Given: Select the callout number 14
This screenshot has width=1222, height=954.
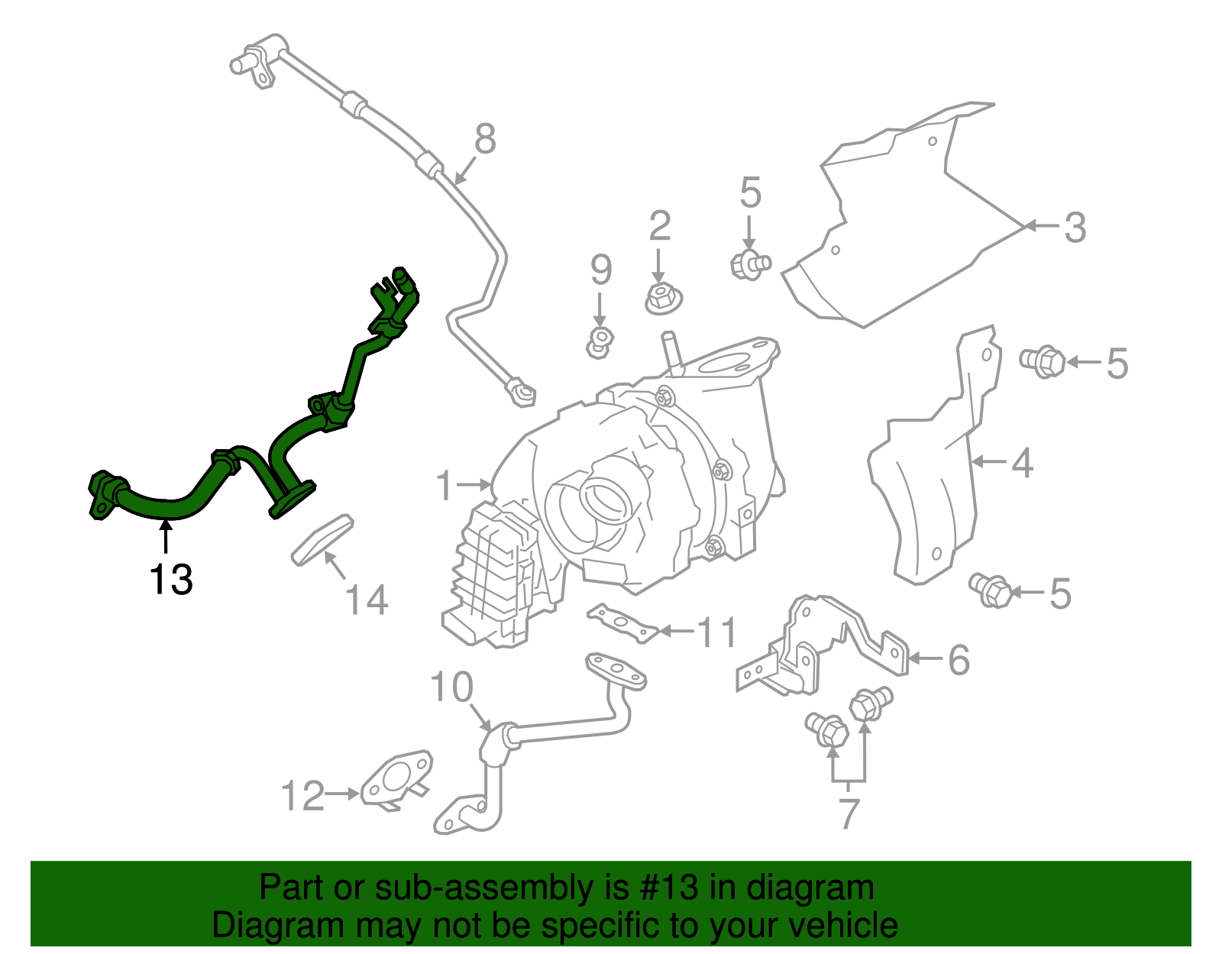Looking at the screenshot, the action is click(366, 600).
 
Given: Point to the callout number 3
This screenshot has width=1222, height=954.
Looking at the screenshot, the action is click(1075, 228).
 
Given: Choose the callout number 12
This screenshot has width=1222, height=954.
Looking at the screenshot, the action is click(303, 795).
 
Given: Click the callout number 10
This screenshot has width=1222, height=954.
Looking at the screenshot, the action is click(451, 687).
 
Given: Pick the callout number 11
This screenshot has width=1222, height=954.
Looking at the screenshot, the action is click(716, 632).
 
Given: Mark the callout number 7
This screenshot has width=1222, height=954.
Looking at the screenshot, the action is click(849, 813).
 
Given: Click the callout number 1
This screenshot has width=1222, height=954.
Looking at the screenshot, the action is click(445, 485).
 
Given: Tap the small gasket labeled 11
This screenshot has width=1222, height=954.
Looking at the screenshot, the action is click(622, 623).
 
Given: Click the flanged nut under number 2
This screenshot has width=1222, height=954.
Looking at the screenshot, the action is click(663, 299).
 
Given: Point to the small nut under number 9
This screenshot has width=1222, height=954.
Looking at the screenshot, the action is click(600, 342).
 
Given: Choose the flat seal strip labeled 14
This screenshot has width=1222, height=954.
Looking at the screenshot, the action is click(322, 540).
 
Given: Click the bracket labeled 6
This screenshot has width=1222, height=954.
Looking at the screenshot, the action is click(821, 646).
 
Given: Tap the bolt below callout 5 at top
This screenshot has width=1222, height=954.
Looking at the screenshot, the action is click(751, 265).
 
